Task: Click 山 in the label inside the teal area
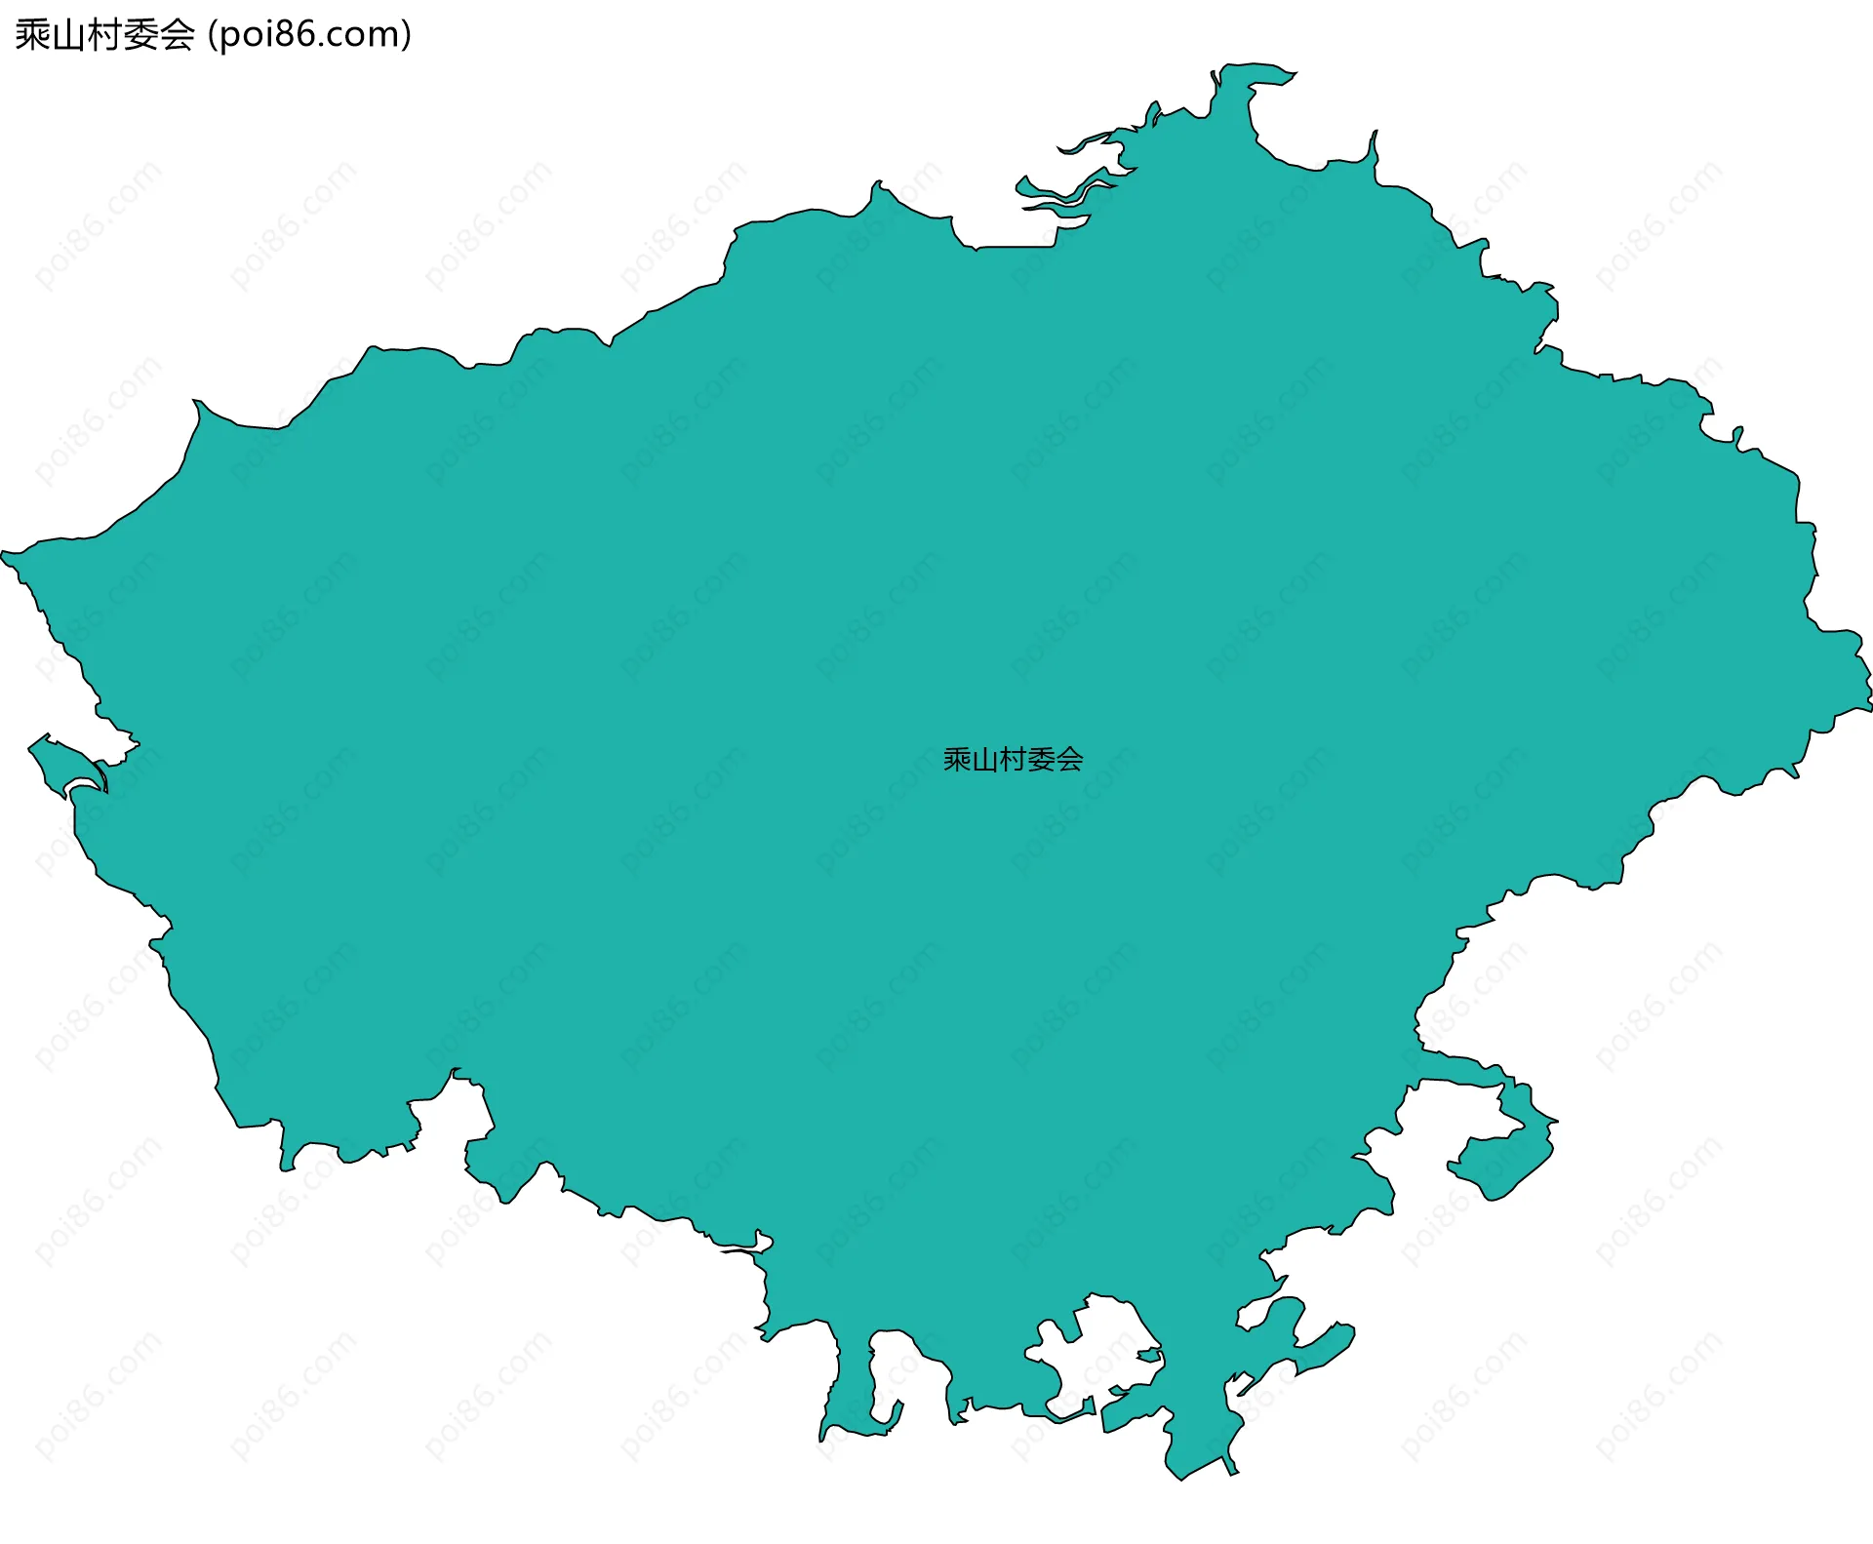[984, 760]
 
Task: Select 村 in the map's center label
[1013, 760]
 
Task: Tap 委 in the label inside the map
[1041, 760]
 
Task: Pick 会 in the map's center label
[1069, 760]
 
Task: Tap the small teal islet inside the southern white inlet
[1149, 1355]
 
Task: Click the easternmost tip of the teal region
[1867, 683]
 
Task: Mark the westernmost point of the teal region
[5, 555]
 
